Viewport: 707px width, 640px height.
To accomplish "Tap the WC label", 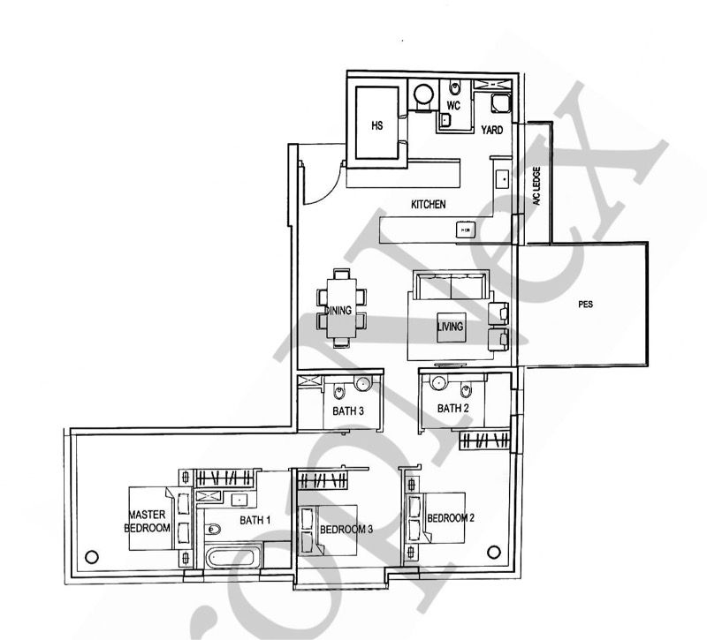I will (453, 106).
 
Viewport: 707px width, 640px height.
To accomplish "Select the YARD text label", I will (492, 131).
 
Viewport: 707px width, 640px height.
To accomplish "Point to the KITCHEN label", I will (429, 205).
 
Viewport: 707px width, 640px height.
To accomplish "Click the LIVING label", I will (450, 327).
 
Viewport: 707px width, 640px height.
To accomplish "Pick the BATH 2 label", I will (452, 409).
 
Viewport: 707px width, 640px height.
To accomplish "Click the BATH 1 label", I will (255, 521).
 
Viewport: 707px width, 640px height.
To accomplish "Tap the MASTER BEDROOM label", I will (148, 521).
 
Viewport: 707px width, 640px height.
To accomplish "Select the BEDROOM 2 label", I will (451, 518).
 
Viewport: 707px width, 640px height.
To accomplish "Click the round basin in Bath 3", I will (361, 385).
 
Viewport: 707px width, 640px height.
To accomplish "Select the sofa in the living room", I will (452, 286).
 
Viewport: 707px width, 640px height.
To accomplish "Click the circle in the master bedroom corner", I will (90, 557).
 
